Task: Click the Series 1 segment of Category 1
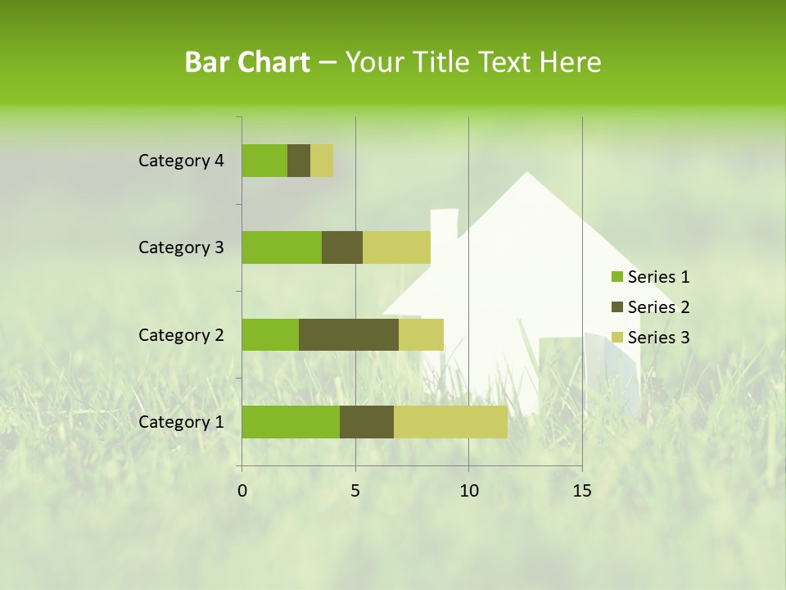coord(291,422)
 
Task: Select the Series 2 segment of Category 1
coord(367,422)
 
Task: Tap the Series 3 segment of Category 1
coord(450,422)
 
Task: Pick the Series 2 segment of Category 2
coord(349,334)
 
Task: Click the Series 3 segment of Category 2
coord(421,334)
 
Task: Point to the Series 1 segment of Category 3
coord(282,247)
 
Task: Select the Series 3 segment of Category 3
coord(396,247)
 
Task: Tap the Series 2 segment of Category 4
coord(299,161)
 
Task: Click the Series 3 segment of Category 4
coord(322,161)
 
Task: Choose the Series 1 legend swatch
coord(617,277)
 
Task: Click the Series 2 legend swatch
coord(617,307)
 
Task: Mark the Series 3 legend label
coord(658,338)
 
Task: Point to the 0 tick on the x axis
coord(242,491)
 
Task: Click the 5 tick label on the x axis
coord(355,491)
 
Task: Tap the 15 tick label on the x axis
coord(581,491)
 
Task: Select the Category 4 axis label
coord(181,161)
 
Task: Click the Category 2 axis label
coord(181,334)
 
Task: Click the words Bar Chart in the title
coord(247,62)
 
